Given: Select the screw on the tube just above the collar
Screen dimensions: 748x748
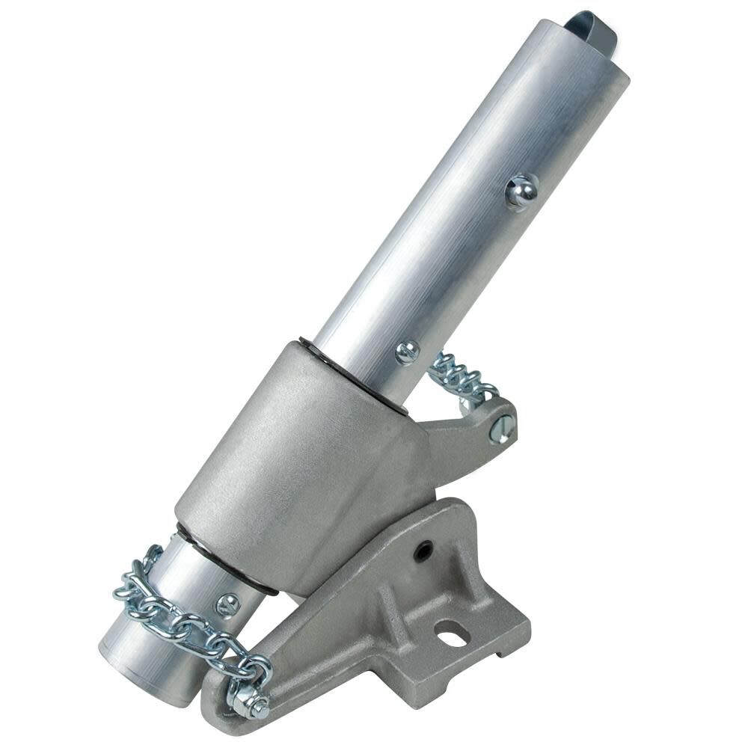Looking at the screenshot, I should [406, 352].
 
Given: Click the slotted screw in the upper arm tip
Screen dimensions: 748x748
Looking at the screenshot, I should [500, 429].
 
